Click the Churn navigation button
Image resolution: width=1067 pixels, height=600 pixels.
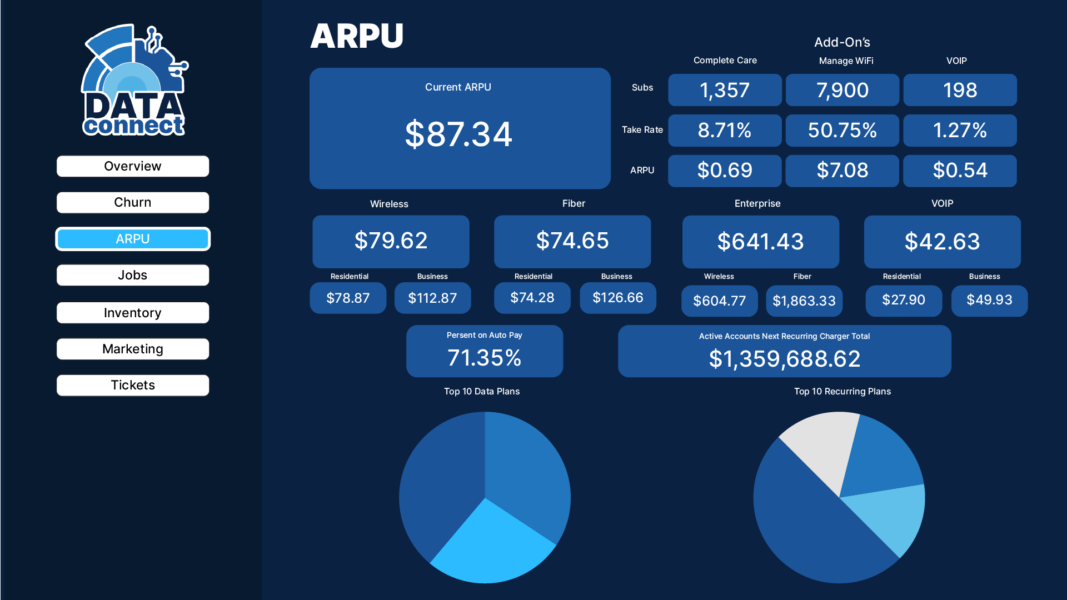[x=133, y=202]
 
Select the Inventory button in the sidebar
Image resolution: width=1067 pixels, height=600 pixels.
[x=133, y=313]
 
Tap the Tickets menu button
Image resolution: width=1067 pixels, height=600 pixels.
[x=133, y=385]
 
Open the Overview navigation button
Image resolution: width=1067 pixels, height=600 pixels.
[x=133, y=166]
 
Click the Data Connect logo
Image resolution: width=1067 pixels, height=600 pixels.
[x=134, y=81]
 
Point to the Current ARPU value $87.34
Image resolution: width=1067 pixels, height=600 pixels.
[x=458, y=134]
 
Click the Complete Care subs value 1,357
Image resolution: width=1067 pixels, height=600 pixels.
[x=725, y=90]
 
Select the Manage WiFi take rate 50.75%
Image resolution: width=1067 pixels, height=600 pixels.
[x=842, y=131]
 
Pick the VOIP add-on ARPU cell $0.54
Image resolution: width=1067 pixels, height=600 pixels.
[x=960, y=171]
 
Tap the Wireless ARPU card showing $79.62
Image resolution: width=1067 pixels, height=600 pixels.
[x=391, y=241]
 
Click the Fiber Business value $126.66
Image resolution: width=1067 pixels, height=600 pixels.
[x=617, y=298]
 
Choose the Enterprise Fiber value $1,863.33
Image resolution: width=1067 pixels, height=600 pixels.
[x=804, y=301]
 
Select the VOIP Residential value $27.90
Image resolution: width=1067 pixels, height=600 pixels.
[x=904, y=300]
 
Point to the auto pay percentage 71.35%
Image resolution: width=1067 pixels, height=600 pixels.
[x=484, y=358]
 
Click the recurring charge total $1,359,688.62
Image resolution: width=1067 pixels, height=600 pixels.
[x=784, y=359]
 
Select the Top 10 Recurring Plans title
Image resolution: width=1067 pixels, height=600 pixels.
[x=842, y=391]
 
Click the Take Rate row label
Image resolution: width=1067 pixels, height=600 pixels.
[x=642, y=129]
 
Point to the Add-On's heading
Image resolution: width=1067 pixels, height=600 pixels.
[x=842, y=42]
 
